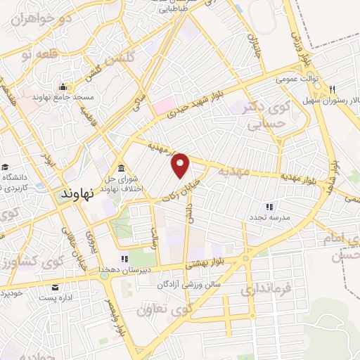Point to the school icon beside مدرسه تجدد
tap(268, 207)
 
